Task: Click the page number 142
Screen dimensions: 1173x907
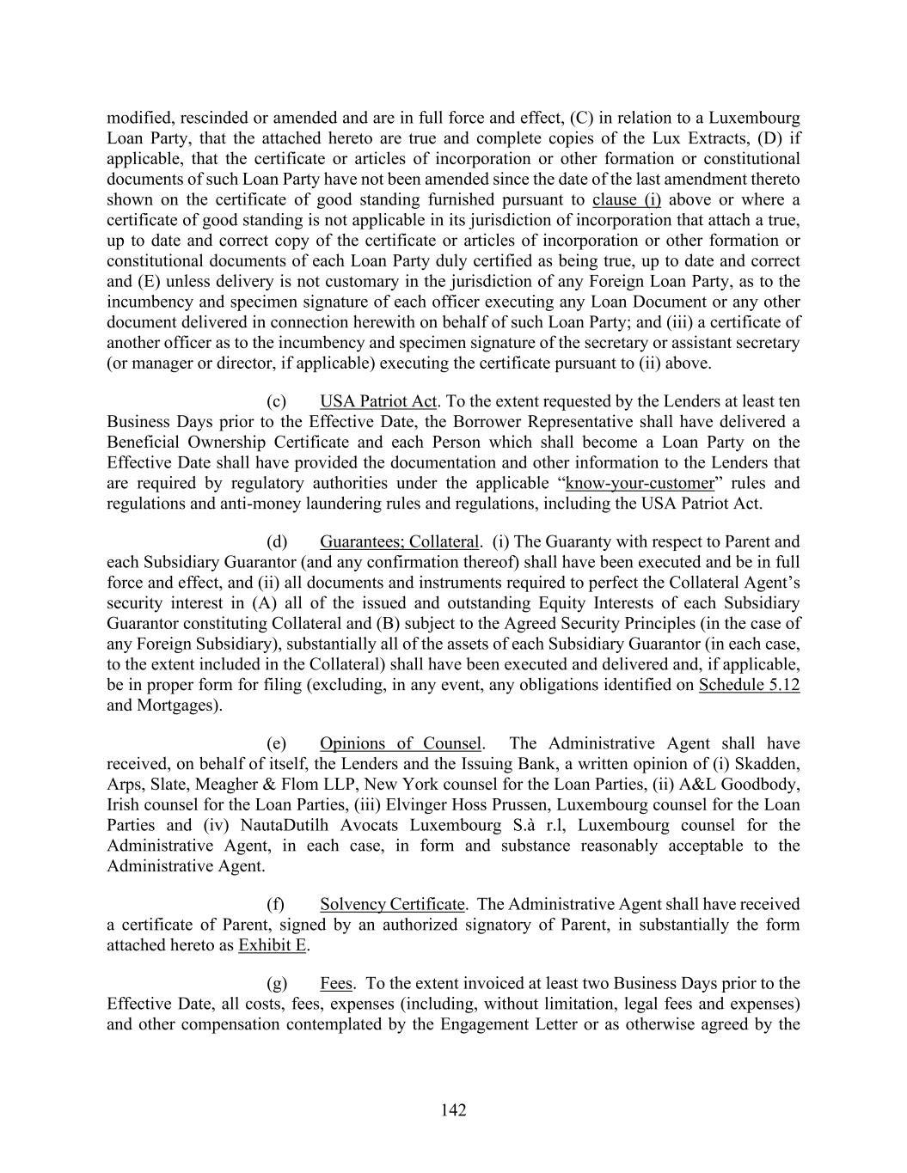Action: click(453, 1110)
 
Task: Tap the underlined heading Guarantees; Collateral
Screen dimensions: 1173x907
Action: click(400, 542)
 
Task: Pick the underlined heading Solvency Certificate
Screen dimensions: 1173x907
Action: click(392, 905)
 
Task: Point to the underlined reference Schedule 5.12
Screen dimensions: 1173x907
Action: click(749, 686)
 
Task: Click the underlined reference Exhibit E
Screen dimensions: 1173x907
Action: click(273, 946)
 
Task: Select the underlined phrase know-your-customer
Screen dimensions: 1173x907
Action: click(640, 483)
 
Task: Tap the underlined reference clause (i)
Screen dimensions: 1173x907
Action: click(627, 200)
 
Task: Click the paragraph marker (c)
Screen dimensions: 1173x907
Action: click(277, 401)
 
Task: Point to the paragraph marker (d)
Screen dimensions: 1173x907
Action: click(277, 542)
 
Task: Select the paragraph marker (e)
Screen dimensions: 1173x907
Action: click(277, 744)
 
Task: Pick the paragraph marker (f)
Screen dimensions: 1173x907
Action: click(276, 905)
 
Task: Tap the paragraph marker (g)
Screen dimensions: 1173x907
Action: click(277, 984)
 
